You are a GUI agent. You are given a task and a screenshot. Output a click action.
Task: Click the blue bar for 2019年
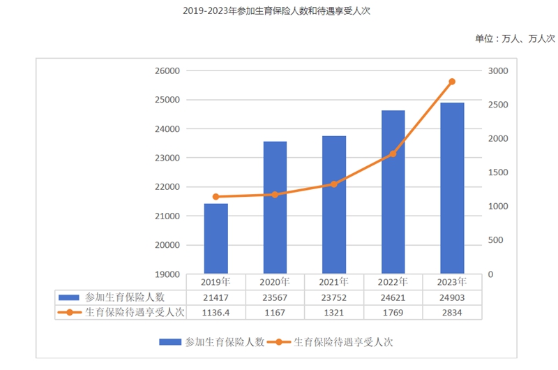click(216, 238)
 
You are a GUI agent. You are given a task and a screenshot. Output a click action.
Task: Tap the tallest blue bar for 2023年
click(452, 188)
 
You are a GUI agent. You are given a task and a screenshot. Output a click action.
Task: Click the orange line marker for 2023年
click(452, 82)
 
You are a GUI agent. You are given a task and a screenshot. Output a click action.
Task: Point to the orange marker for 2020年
click(275, 195)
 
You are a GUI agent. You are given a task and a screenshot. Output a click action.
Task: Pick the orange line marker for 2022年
click(393, 154)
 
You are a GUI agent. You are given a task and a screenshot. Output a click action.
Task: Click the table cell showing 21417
click(216, 297)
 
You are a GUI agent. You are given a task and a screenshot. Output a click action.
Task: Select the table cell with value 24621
click(393, 297)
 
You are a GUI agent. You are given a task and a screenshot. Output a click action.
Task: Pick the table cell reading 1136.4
click(216, 313)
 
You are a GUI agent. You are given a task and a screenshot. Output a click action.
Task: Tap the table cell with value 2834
click(452, 313)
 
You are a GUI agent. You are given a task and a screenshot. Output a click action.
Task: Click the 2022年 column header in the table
click(393, 282)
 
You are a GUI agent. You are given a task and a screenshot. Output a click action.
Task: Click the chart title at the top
click(279, 12)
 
